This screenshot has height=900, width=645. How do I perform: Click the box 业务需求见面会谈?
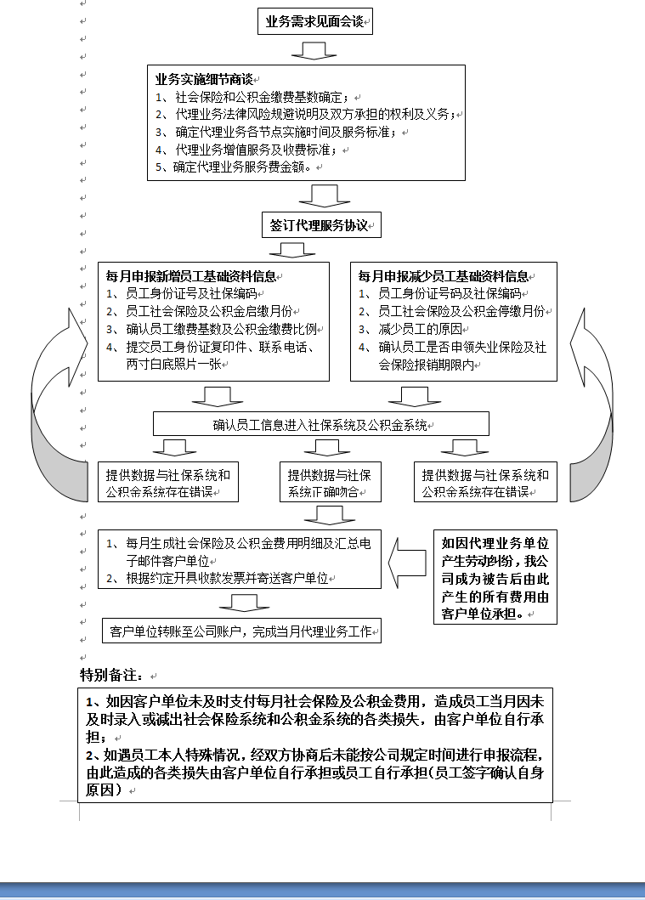pos(315,21)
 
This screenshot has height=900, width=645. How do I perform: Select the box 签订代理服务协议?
pos(321,226)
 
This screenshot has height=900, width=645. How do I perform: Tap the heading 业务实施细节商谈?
pos(205,79)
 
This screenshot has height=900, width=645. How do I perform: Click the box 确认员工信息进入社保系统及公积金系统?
pos(320,424)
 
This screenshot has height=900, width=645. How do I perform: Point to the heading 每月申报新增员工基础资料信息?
pos(192,276)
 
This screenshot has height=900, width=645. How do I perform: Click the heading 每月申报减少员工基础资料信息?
pos(444,276)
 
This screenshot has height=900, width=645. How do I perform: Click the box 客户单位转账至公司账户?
pos(242,631)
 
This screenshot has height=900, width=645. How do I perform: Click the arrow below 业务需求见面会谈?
pos(314,50)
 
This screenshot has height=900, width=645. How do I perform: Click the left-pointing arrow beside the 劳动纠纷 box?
pos(408,562)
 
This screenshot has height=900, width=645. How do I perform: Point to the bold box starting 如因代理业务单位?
pos(495,576)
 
